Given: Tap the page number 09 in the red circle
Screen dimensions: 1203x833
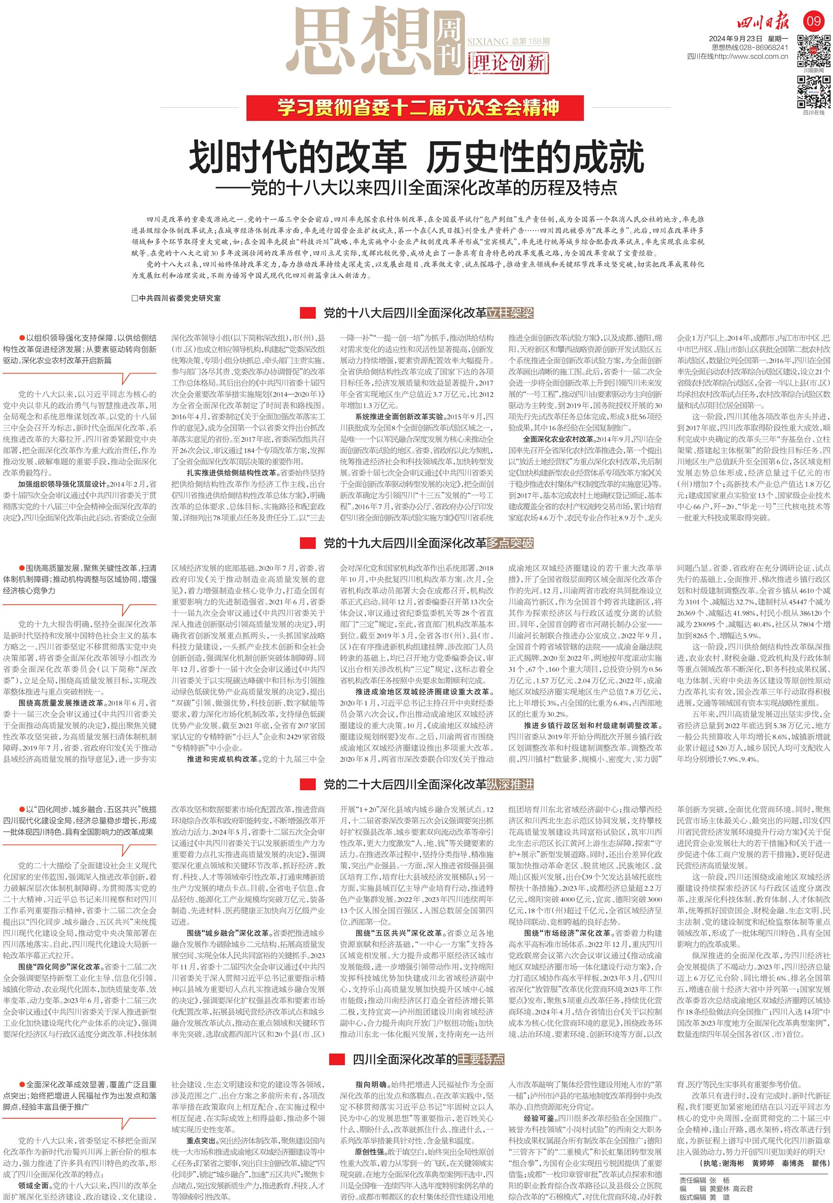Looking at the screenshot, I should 813,22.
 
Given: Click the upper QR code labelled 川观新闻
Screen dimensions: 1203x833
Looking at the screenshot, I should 813,50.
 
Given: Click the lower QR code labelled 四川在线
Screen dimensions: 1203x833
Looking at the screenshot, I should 813,92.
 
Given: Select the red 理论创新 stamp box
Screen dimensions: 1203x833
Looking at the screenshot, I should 509,63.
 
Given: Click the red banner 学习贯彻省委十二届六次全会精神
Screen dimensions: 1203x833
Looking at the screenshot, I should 415,108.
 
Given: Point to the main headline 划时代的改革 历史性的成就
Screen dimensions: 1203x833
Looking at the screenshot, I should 416,157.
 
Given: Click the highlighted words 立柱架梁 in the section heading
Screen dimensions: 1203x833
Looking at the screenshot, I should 510,313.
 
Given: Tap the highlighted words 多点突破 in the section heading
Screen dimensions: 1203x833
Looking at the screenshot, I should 510,543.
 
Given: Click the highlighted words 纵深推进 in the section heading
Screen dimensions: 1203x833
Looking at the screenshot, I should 510,784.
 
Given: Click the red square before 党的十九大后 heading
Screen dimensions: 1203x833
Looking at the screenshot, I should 308,543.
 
